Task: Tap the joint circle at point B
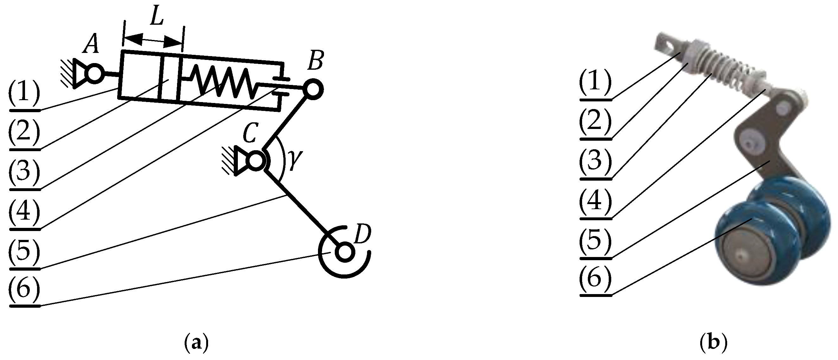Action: coord(313,89)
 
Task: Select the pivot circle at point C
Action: coord(256,161)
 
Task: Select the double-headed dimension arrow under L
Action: coord(152,40)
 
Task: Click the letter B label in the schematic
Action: coord(315,61)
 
